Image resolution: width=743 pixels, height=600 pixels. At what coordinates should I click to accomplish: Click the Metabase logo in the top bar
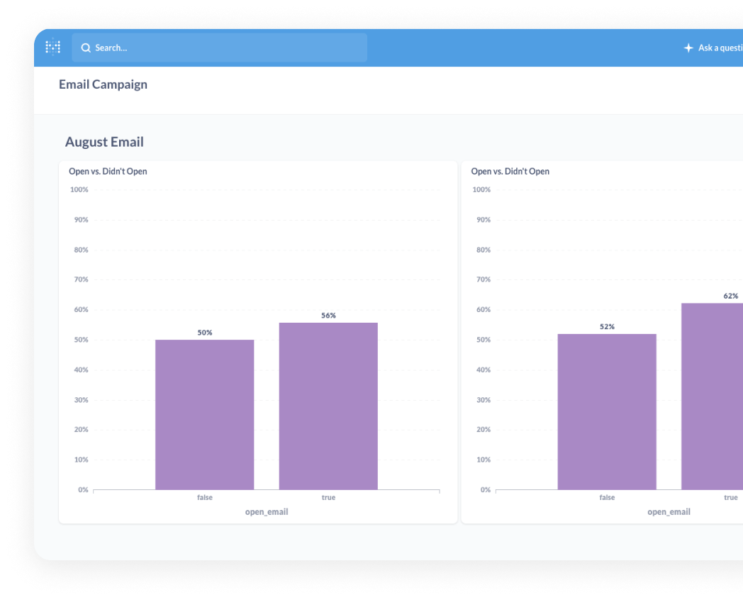(x=53, y=48)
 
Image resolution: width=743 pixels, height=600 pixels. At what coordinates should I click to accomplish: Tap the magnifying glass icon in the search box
(x=86, y=48)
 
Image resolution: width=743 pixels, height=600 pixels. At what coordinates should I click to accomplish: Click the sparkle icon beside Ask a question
(x=688, y=48)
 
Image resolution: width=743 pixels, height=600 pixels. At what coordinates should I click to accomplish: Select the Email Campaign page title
(x=103, y=84)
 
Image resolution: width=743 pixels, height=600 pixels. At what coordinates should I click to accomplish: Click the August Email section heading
(x=104, y=142)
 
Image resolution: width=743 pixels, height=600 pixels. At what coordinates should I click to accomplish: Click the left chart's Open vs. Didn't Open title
(x=108, y=172)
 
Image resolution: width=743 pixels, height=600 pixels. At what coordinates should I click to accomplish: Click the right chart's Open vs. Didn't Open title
(x=510, y=172)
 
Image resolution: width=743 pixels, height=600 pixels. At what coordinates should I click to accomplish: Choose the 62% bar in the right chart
(x=712, y=396)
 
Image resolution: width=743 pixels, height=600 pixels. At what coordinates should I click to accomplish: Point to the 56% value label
(x=328, y=316)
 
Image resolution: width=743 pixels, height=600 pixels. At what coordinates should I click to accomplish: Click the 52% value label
(x=607, y=327)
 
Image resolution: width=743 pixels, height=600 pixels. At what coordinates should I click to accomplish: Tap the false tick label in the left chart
(x=204, y=498)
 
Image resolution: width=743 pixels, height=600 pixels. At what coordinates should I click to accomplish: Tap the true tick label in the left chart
(x=328, y=498)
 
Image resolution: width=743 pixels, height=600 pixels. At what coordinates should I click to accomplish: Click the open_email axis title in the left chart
(x=267, y=512)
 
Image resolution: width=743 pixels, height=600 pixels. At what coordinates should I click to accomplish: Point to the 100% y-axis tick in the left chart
(x=79, y=190)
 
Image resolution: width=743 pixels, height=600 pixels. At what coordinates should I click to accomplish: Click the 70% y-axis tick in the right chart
(x=481, y=280)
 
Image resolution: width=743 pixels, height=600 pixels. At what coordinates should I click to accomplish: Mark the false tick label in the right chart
(x=607, y=498)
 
